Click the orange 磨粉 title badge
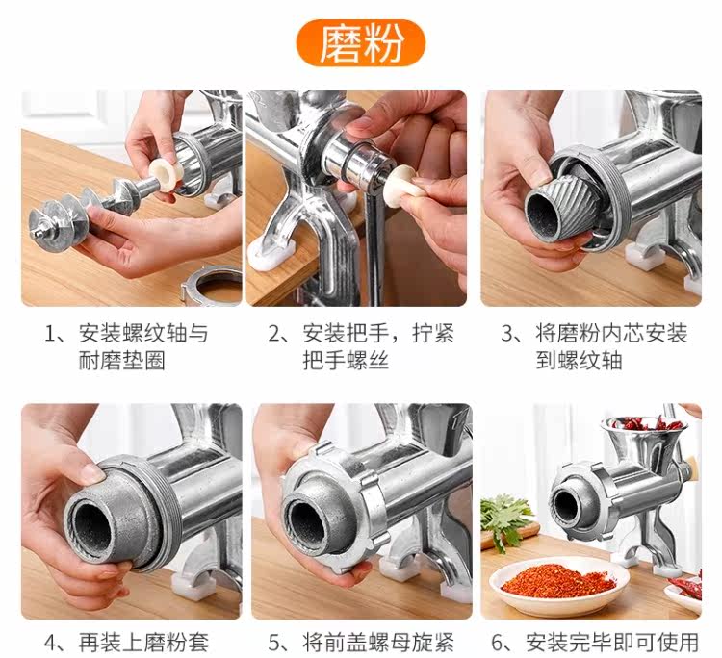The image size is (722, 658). pyautogui.click(x=361, y=42)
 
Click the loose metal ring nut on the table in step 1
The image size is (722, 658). pyautogui.click(x=212, y=286)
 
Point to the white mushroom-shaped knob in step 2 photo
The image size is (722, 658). pyautogui.click(x=404, y=183)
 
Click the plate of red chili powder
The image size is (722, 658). pyautogui.click(x=559, y=583)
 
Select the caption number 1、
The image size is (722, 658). pyautogui.click(x=56, y=333)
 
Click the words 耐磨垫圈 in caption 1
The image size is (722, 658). pyautogui.click(x=121, y=361)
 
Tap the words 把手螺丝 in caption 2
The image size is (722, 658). pyautogui.click(x=346, y=361)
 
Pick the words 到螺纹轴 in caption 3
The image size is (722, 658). pyautogui.click(x=579, y=361)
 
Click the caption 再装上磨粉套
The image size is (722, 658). pyautogui.click(x=143, y=642)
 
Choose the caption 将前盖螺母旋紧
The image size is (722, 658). pyautogui.click(x=378, y=642)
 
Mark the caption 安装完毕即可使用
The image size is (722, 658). pyautogui.click(x=612, y=642)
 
